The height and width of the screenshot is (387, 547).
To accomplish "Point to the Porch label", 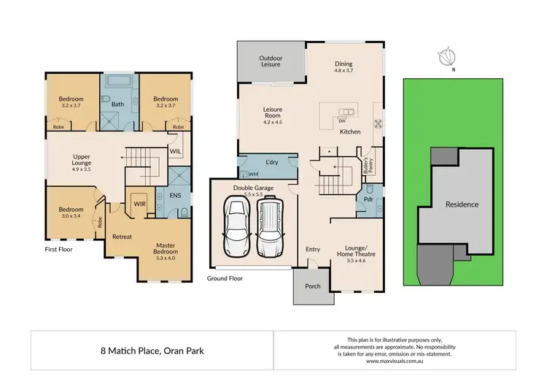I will click(x=313, y=286).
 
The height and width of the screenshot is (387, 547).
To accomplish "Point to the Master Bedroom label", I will click(x=172, y=252).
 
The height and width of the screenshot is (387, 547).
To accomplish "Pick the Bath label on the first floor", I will click(x=117, y=104).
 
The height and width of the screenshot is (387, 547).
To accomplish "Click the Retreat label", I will click(x=122, y=237).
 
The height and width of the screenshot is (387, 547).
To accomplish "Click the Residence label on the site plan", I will click(x=462, y=204).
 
